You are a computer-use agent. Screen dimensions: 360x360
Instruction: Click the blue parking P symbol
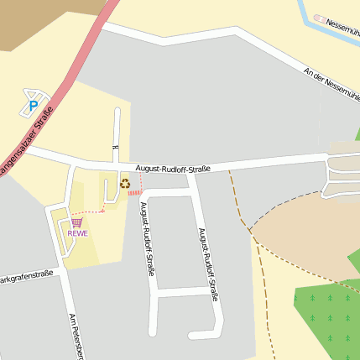(x=34, y=107)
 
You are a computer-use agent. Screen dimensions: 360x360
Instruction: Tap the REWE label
(x=78, y=233)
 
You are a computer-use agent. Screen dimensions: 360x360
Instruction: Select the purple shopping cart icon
(x=77, y=222)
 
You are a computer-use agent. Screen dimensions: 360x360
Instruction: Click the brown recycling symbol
(x=125, y=184)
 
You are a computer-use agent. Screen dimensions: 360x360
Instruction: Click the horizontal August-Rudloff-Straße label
(x=172, y=168)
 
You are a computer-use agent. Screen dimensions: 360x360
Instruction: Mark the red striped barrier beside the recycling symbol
(x=135, y=193)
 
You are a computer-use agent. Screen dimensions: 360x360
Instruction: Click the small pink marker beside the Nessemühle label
(x=319, y=18)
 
